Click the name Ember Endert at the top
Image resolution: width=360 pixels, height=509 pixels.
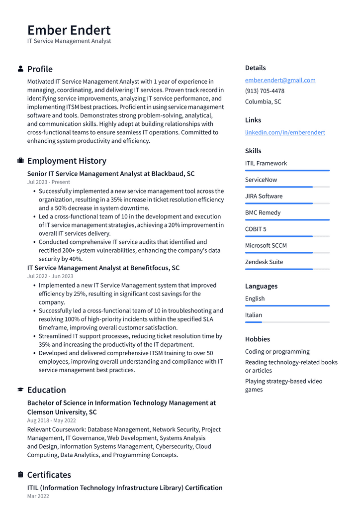(69, 30)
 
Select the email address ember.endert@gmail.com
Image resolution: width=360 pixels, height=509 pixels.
(280, 80)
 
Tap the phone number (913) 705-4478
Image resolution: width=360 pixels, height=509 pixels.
(265, 91)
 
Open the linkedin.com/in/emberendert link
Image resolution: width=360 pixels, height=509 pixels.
(285, 132)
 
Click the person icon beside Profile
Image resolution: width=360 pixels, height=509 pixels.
(20, 69)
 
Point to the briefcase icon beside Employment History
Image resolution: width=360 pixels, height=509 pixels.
(20, 161)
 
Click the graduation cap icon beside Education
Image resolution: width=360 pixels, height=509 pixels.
(20, 390)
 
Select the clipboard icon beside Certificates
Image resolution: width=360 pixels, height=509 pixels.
(20, 475)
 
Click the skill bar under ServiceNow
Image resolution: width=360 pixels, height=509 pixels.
(287, 187)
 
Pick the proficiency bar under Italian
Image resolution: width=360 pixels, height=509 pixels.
(287, 322)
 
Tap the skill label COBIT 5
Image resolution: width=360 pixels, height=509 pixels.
(256, 229)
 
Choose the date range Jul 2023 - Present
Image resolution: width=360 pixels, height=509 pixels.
(49, 182)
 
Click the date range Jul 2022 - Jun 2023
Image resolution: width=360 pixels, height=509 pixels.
(50, 276)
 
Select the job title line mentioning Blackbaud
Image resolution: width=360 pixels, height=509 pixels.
(111, 174)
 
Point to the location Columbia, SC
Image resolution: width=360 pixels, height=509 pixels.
(263, 102)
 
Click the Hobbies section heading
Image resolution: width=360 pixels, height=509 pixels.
(258, 339)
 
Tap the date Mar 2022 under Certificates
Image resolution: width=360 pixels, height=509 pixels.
(38, 496)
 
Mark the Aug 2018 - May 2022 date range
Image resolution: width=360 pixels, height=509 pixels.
(52, 420)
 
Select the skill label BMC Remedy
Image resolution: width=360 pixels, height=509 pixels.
(263, 213)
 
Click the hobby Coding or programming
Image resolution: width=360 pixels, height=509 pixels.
(277, 352)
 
